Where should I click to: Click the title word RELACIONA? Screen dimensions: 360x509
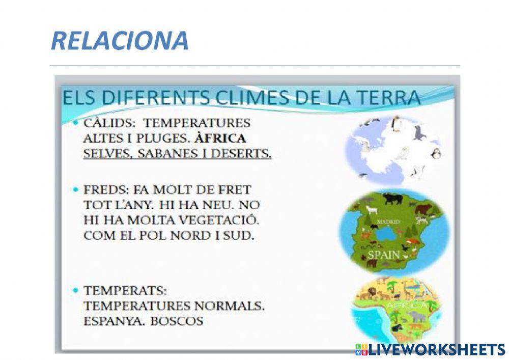(x=120, y=41)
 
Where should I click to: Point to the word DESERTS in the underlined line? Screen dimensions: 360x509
(x=243, y=153)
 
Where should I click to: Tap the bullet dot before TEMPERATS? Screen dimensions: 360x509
(x=75, y=290)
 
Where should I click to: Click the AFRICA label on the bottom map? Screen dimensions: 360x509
(x=407, y=305)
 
